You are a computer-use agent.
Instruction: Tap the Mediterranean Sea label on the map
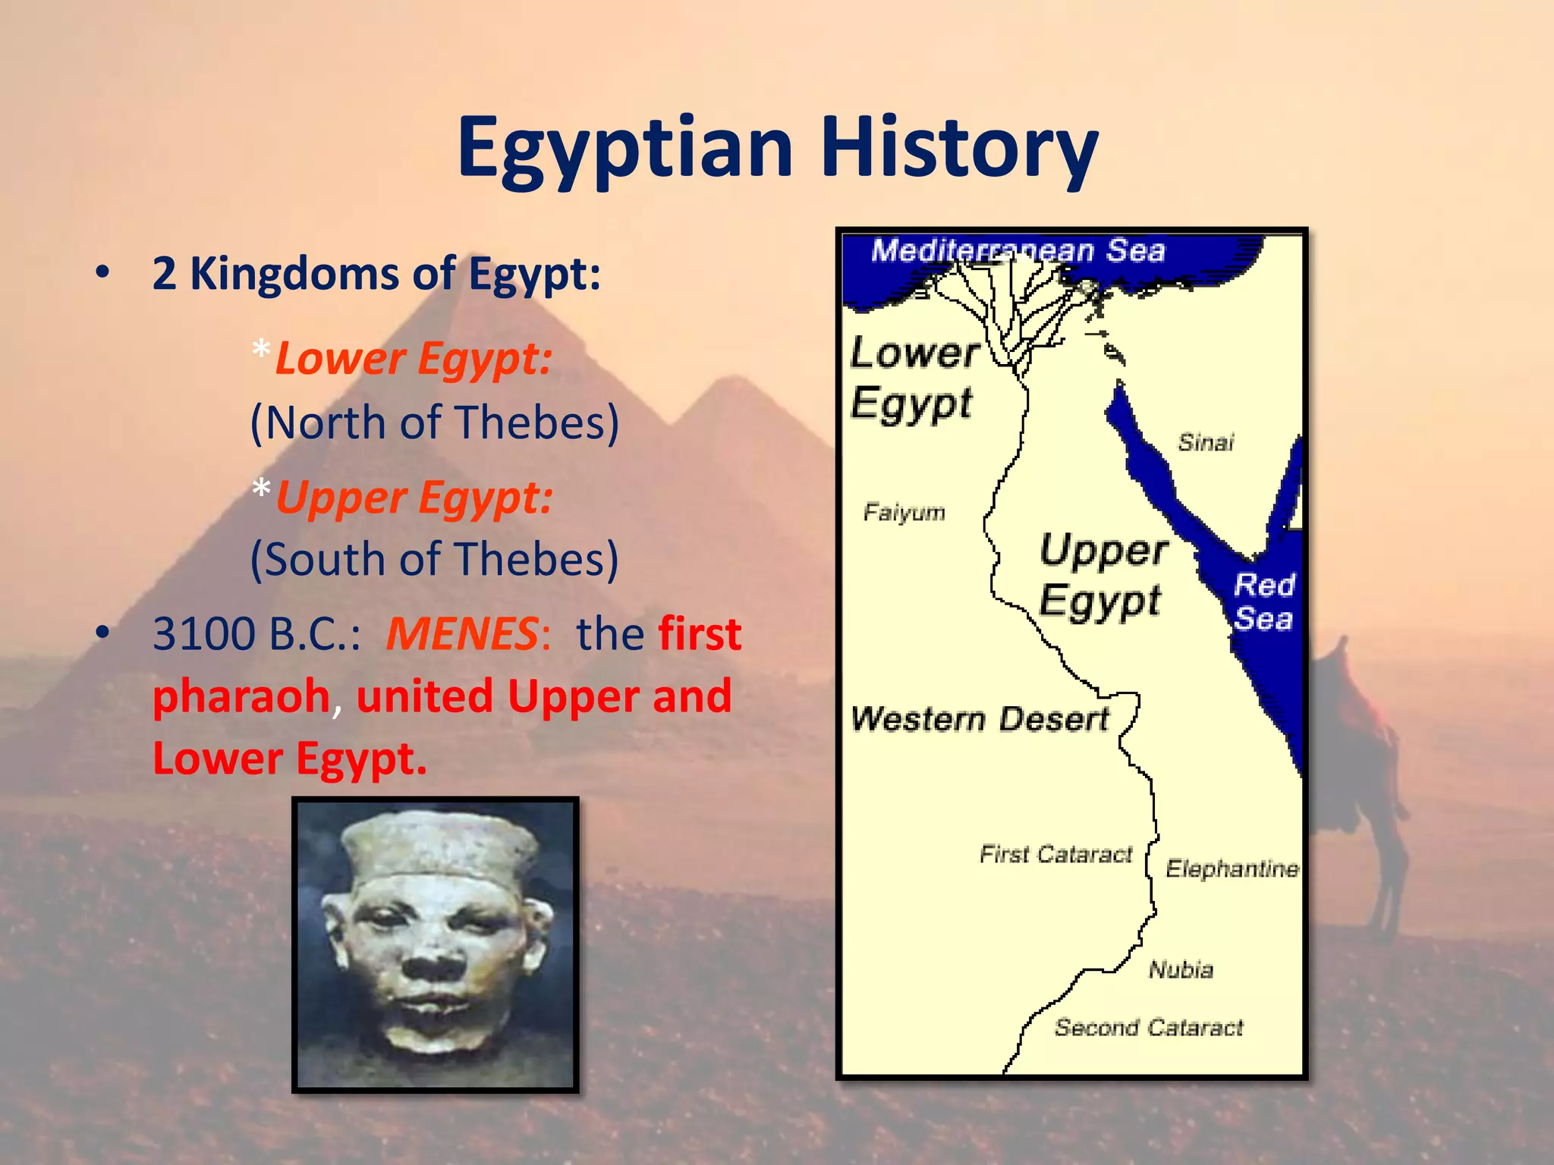pyautogui.click(x=1017, y=250)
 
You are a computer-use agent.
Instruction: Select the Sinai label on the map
pyautogui.click(x=1206, y=442)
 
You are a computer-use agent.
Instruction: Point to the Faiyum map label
pyautogui.click(x=904, y=513)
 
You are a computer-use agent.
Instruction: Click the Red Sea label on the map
pyautogui.click(x=1263, y=601)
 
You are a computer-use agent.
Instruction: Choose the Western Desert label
pyautogui.click(x=979, y=719)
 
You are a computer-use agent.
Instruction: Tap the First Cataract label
pyautogui.click(x=1055, y=855)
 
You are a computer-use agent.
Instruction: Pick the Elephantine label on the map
pyautogui.click(x=1232, y=868)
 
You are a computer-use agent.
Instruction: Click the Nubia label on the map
pyautogui.click(x=1181, y=969)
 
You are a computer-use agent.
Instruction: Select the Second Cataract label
pyautogui.click(x=1148, y=1028)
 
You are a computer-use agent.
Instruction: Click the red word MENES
pyautogui.click(x=462, y=634)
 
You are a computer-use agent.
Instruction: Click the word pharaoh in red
pyautogui.click(x=241, y=696)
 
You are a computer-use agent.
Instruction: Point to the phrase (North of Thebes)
pyautogui.click(x=434, y=422)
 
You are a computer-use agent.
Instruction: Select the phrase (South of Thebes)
pyautogui.click(x=434, y=560)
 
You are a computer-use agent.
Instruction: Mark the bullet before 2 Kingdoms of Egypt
pyautogui.click(x=103, y=273)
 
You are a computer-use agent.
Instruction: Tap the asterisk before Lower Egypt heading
pyautogui.click(x=261, y=351)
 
